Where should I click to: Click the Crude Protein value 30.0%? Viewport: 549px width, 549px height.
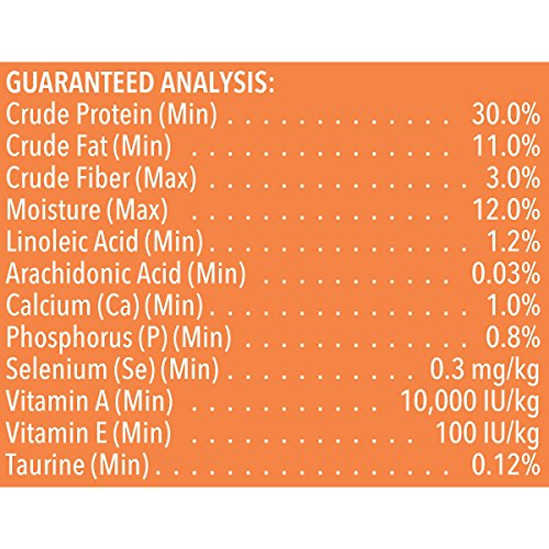click(505, 115)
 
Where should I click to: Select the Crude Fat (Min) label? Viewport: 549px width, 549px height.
click(88, 146)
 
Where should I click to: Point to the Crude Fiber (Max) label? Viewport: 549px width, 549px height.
click(101, 178)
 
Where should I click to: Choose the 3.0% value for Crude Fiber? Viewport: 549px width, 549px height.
click(512, 178)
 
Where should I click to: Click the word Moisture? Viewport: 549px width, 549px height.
click(53, 210)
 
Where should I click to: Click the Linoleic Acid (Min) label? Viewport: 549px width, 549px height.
click(104, 242)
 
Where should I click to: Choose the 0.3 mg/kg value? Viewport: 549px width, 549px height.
click(484, 370)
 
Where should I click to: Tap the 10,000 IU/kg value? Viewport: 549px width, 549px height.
click(469, 402)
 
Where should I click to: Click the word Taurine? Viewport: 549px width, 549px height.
click(46, 465)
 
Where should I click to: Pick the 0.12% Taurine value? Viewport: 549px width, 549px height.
click(505, 465)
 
